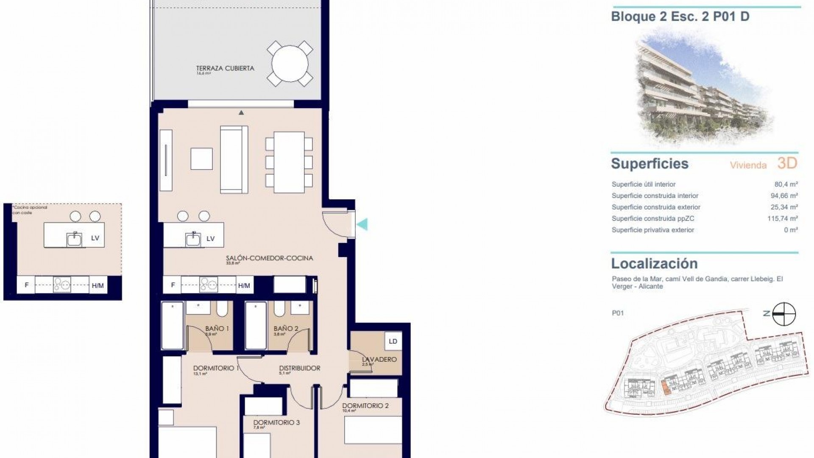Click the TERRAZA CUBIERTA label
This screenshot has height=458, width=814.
click(225, 68)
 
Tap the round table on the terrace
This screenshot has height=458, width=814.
click(290, 64)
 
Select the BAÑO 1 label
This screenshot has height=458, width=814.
click(217, 328)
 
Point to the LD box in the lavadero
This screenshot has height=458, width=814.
click(393, 341)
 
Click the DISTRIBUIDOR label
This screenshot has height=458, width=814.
click(299, 368)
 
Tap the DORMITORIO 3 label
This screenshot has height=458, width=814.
click(276, 422)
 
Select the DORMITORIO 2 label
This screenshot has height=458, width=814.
click(365, 405)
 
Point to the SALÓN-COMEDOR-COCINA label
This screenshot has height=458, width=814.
click(269, 258)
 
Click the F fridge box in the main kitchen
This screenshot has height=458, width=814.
click(173, 285)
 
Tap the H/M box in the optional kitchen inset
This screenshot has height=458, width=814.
click(98, 285)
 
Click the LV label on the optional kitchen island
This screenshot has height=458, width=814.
click(95, 238)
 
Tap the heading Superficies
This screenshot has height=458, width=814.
click(650, 164)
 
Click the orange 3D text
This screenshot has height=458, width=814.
click(787, 163)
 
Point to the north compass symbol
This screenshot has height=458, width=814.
click(783, 314)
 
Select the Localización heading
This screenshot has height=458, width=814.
click(654, 264)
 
